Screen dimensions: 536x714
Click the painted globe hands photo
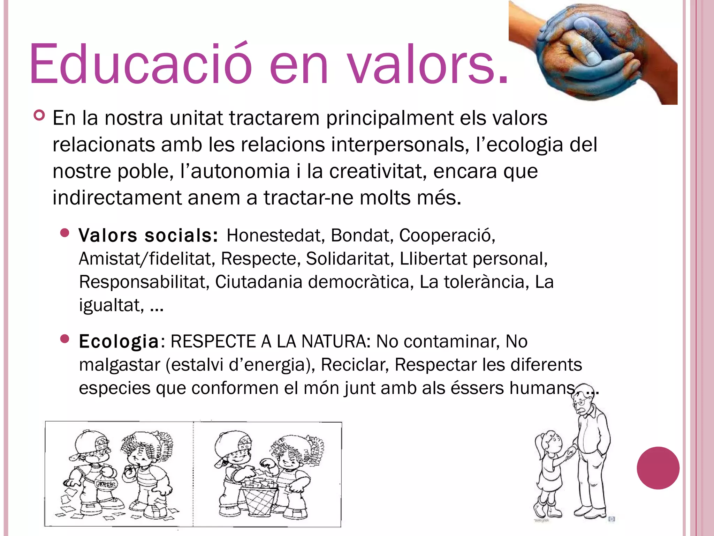point(593,52)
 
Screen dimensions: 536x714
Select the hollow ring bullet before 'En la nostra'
point(39,116)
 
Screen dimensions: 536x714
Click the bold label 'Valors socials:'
point(148,236)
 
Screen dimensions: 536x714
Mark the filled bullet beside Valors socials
point(65,233)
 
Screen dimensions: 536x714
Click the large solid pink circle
point(658,468)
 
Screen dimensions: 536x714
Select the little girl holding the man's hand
point(549,471)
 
